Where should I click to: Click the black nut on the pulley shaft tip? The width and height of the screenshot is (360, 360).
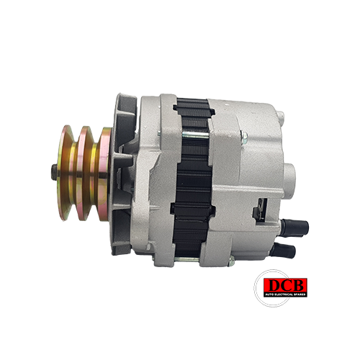[x=54, y=172]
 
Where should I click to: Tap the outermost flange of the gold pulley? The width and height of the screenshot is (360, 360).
[x=66, y=172]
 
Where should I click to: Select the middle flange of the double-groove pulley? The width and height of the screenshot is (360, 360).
[x=84, y=173]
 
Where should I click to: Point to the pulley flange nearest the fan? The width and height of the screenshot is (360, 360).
[x=104, y=174]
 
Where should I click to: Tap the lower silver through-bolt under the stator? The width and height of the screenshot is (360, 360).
[x=186, y=259]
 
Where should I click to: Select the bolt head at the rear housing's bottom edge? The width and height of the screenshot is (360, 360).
[x=231, y=261]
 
